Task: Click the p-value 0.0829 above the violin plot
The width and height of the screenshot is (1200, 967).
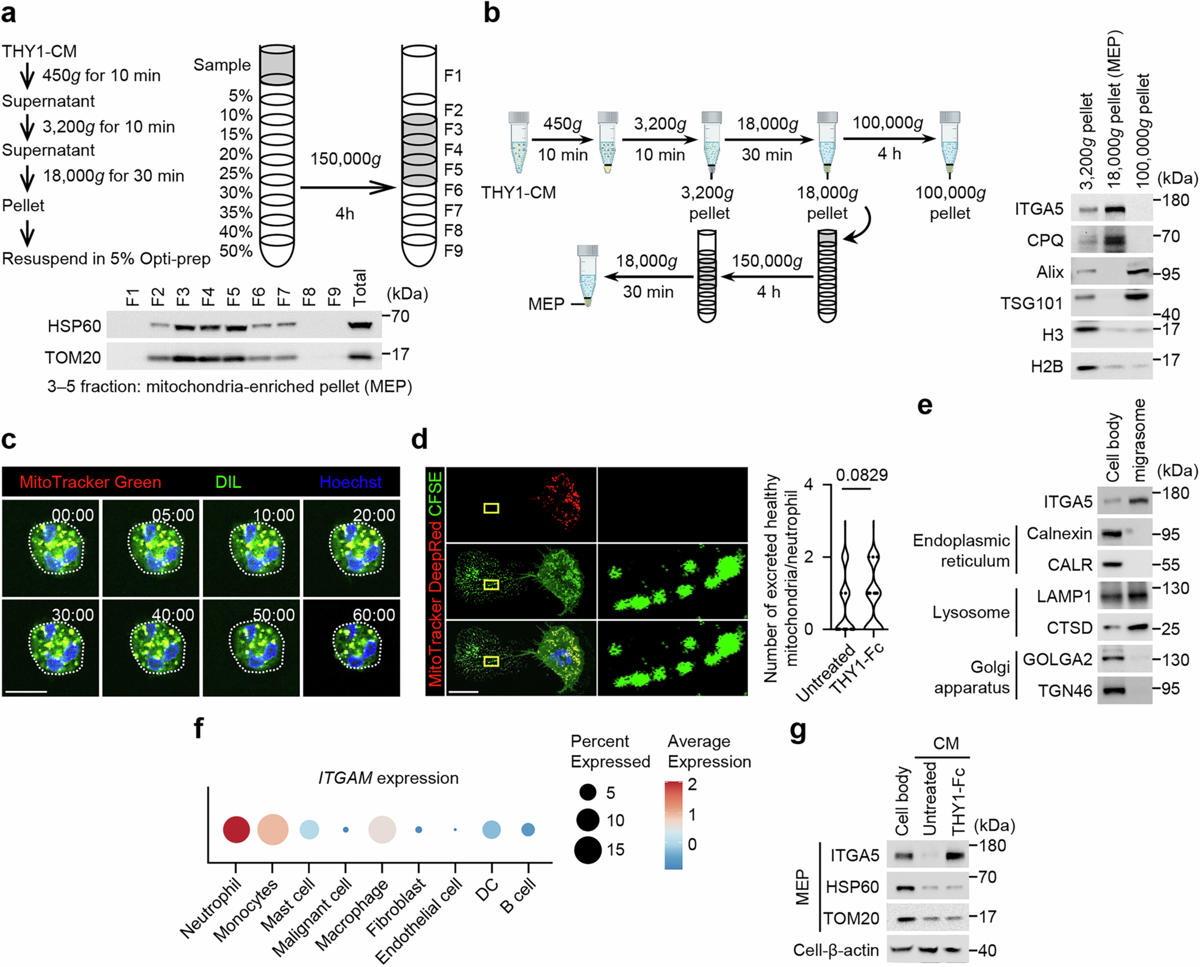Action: (861, 475)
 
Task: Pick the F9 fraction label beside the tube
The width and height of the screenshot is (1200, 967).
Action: (453, 251)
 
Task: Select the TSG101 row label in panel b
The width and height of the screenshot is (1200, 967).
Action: (1031, 303)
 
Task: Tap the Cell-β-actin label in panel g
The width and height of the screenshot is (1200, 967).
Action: (836, 950)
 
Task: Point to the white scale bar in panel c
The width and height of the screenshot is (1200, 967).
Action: (25, 693)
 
